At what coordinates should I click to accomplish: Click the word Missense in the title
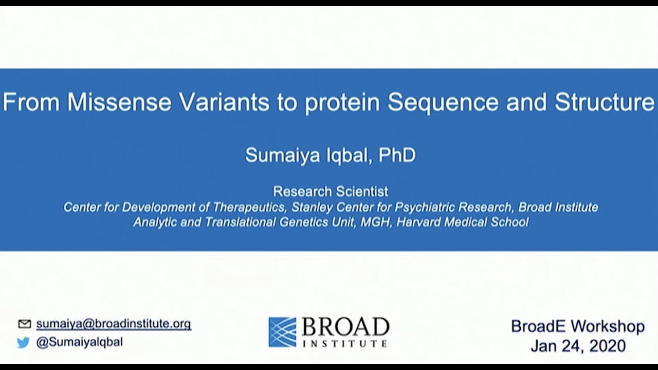pos(119,102)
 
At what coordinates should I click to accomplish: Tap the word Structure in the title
pos(605,102)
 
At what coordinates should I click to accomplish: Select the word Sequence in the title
pos(443,102)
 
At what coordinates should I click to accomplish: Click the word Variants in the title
pos(224,102)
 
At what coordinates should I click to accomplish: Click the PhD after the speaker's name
pos(397,155)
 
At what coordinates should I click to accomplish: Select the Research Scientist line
pos(330,192)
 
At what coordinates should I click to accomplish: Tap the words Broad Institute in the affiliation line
pos(558,207)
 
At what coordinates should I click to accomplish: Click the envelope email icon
pos(24,324)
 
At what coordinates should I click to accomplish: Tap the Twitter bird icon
pos(24,343)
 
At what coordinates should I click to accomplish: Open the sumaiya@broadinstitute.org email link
pos(113,324)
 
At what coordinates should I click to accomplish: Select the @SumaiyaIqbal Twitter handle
pos(79,342)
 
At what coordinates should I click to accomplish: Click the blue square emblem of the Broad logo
pos(282,331)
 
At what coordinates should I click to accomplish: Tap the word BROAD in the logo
pos(345,327)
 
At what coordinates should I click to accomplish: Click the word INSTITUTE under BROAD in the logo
pos(345,343)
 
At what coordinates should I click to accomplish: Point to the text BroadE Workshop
pos(577,326)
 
